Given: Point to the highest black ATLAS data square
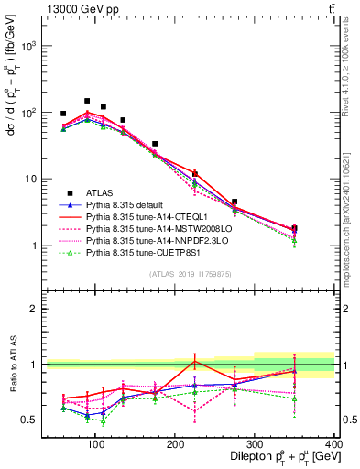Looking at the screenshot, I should [x=87, y=101].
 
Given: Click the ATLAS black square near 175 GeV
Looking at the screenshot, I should [x=155, y=144].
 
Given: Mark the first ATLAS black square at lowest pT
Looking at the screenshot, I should [x=63, y=114].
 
